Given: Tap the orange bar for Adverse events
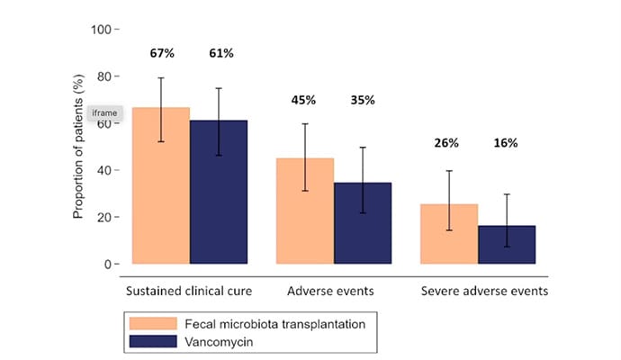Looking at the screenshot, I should pyautogui.click(x=305, y=216).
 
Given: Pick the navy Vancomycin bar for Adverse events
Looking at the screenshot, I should pyautogui.click(x=363, y=225).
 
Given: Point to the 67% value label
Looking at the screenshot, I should pyautogui.click(x=162, y=53).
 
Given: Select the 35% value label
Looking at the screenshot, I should pyautogui.click(x=364, y=99).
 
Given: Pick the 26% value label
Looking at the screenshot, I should pyautogui.click(x=447, y=142).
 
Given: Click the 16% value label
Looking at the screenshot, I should pyautogui.click(x=507, y=142).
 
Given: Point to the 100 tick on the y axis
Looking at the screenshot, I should pyautogui.click(x=101, y=30).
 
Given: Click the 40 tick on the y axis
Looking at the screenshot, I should pyautogui.click(x=104, y=170).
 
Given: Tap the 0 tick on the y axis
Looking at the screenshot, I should pyautogui.click(x=107, y=265).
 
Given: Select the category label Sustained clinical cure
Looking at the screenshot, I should pyautogui.click(x=189, y=292).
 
